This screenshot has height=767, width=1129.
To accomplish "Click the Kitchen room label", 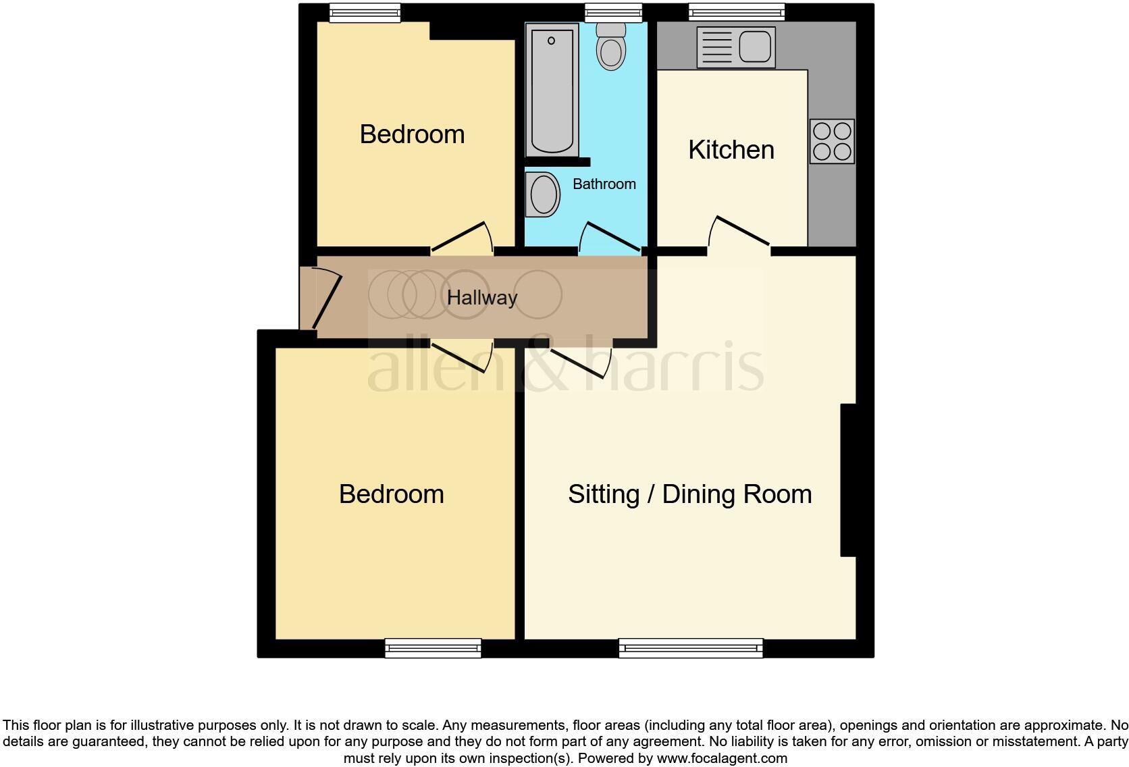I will (731, 150).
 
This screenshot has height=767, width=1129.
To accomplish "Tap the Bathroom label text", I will (604, 184).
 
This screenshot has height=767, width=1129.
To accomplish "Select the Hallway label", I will (482, 298).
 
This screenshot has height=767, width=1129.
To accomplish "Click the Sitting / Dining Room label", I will (689, 494).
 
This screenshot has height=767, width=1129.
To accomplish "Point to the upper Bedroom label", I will (412, 134).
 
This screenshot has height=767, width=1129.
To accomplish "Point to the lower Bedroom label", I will (391, 494).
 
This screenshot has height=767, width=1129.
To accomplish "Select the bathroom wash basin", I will (544, 194).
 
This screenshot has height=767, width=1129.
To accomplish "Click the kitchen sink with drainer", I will (735, 47).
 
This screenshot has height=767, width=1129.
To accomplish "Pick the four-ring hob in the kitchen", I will (832, 142).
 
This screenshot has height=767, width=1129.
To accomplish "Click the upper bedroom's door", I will (463, 237).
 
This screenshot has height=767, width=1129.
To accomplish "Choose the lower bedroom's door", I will (463, 356).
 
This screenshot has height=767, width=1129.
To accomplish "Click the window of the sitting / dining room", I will (691, 648).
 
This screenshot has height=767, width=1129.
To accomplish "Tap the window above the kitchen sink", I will (737, 11).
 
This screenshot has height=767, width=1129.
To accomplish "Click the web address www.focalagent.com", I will (722, 758).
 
